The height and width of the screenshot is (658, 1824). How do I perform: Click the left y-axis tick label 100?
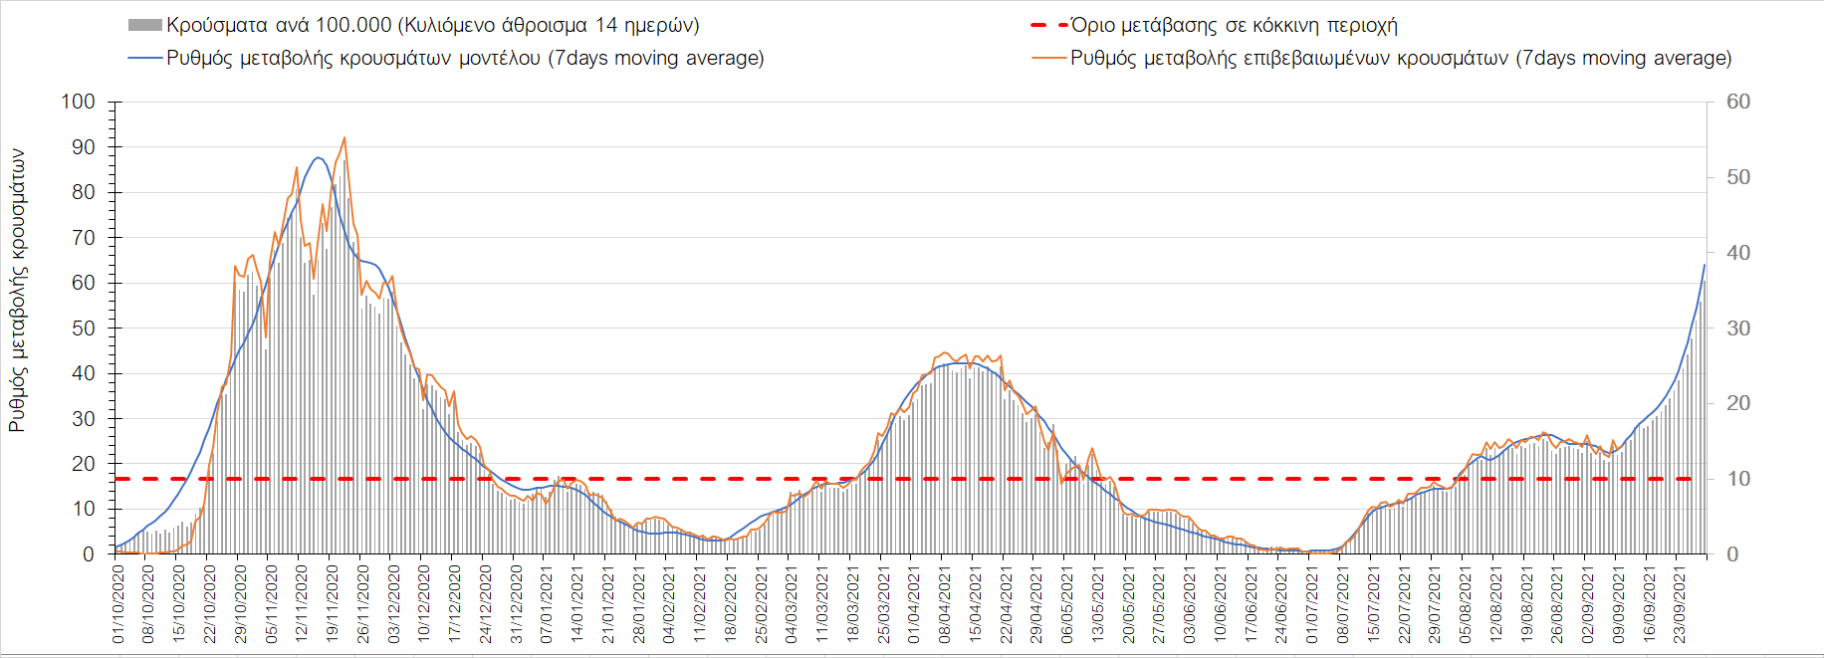(78, 102)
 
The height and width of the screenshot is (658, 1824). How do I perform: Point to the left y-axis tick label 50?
(84, 328)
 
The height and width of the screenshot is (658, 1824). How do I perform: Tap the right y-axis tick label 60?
(1738, 102)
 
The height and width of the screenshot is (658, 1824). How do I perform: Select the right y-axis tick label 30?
(1738, 328)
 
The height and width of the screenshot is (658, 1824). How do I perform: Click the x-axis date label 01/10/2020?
(118, 604)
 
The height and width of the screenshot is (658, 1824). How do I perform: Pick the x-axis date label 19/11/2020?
(333, 604)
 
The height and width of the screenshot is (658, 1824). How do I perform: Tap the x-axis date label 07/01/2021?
(547, 604)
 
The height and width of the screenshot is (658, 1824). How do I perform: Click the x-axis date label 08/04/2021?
(945, 604)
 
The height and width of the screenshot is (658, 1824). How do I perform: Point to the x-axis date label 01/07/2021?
(1312, 604)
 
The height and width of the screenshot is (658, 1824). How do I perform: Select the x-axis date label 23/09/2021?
(1680, 604)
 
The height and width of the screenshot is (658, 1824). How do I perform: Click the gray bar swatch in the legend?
(144, 25)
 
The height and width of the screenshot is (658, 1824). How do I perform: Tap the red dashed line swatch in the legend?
(1049, 25)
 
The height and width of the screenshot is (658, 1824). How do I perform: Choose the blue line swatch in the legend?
(144, 58)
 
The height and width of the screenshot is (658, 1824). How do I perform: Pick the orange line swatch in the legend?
(1049, 58)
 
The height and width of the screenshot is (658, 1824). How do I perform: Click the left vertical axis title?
(17, 291)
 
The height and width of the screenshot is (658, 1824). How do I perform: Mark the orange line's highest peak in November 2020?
(344, 138)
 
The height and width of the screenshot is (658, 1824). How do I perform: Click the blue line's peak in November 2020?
(318, 157)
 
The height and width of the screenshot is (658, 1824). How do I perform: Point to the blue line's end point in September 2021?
(1705, 265)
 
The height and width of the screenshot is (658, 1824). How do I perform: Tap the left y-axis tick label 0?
(89, 554)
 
